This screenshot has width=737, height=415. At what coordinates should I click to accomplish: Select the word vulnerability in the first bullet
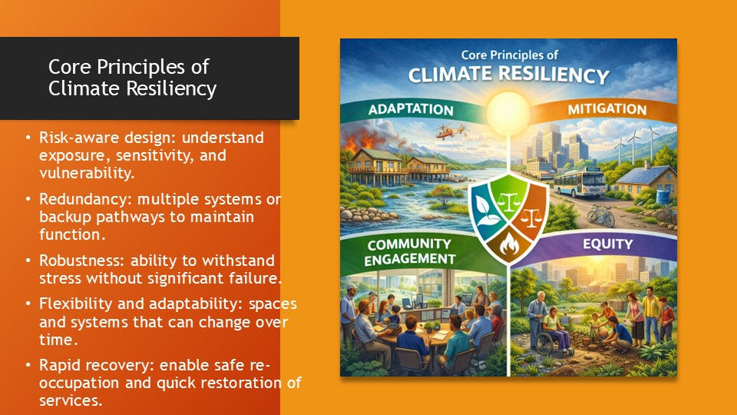pos(87,173)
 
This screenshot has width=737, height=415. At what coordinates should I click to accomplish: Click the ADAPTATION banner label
pos(411,110)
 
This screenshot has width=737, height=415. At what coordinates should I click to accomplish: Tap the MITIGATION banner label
pos(606,109)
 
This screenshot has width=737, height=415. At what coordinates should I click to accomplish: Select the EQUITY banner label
pos(608,244)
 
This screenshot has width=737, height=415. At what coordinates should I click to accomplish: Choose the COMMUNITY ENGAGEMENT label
pos(409,252)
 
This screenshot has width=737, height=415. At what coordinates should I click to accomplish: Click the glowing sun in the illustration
pos(508,114)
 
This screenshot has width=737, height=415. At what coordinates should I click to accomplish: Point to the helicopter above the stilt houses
pos(451,131)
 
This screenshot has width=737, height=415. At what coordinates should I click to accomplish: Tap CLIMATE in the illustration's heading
pos(450,75)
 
